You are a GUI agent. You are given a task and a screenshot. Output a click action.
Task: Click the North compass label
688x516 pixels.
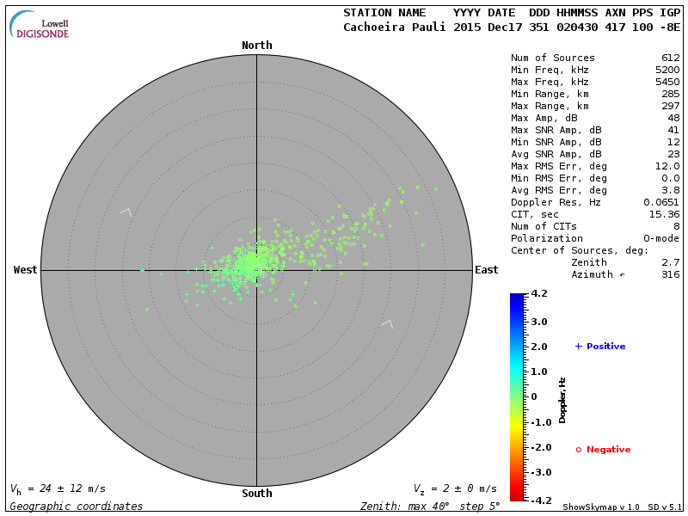(256, 46)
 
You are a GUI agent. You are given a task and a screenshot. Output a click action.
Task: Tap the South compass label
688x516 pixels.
(256, 494)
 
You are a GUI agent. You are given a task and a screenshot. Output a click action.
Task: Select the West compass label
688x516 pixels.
(26, 270)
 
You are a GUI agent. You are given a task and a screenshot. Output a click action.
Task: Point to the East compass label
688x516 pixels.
(486, 270)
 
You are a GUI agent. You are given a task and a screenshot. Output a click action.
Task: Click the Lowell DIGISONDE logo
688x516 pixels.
(40, 25)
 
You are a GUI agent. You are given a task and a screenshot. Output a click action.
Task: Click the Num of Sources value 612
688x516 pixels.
(670, 58)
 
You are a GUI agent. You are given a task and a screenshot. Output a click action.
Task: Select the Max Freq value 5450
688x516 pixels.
(666, 82)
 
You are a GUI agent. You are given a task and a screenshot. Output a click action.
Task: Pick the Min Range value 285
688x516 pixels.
(670, 94)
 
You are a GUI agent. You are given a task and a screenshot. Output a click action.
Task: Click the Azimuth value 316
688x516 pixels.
(670, 274)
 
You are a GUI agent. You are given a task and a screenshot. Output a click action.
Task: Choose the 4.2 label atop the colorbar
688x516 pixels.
(539, 294)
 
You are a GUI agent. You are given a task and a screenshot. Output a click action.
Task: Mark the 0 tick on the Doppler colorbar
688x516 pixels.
(533, 396)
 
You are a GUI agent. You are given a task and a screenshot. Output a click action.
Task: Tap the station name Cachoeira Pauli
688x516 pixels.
(395, 27)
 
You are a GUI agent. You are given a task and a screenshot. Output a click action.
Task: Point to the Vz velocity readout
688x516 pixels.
(455, 488)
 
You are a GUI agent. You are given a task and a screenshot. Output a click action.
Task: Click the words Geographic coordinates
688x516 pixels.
(77, 507)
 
